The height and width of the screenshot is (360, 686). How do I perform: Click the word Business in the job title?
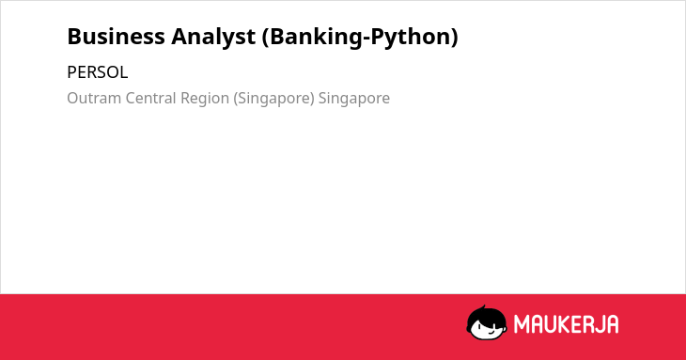[116, 37]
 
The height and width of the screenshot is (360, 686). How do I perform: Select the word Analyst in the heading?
[213, 38]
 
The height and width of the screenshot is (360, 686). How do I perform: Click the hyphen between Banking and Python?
[366, 39]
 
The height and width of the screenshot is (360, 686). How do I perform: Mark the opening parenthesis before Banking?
[266, 38]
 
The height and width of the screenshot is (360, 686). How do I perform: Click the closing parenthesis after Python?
[454, 38]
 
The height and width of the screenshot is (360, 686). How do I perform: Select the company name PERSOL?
[97, 72]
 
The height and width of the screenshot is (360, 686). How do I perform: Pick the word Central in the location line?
[151, 98]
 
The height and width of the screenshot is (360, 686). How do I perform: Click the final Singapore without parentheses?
[354, 99]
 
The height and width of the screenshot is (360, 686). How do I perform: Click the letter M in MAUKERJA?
[522, 324]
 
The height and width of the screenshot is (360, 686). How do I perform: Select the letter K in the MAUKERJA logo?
[565, 324]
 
